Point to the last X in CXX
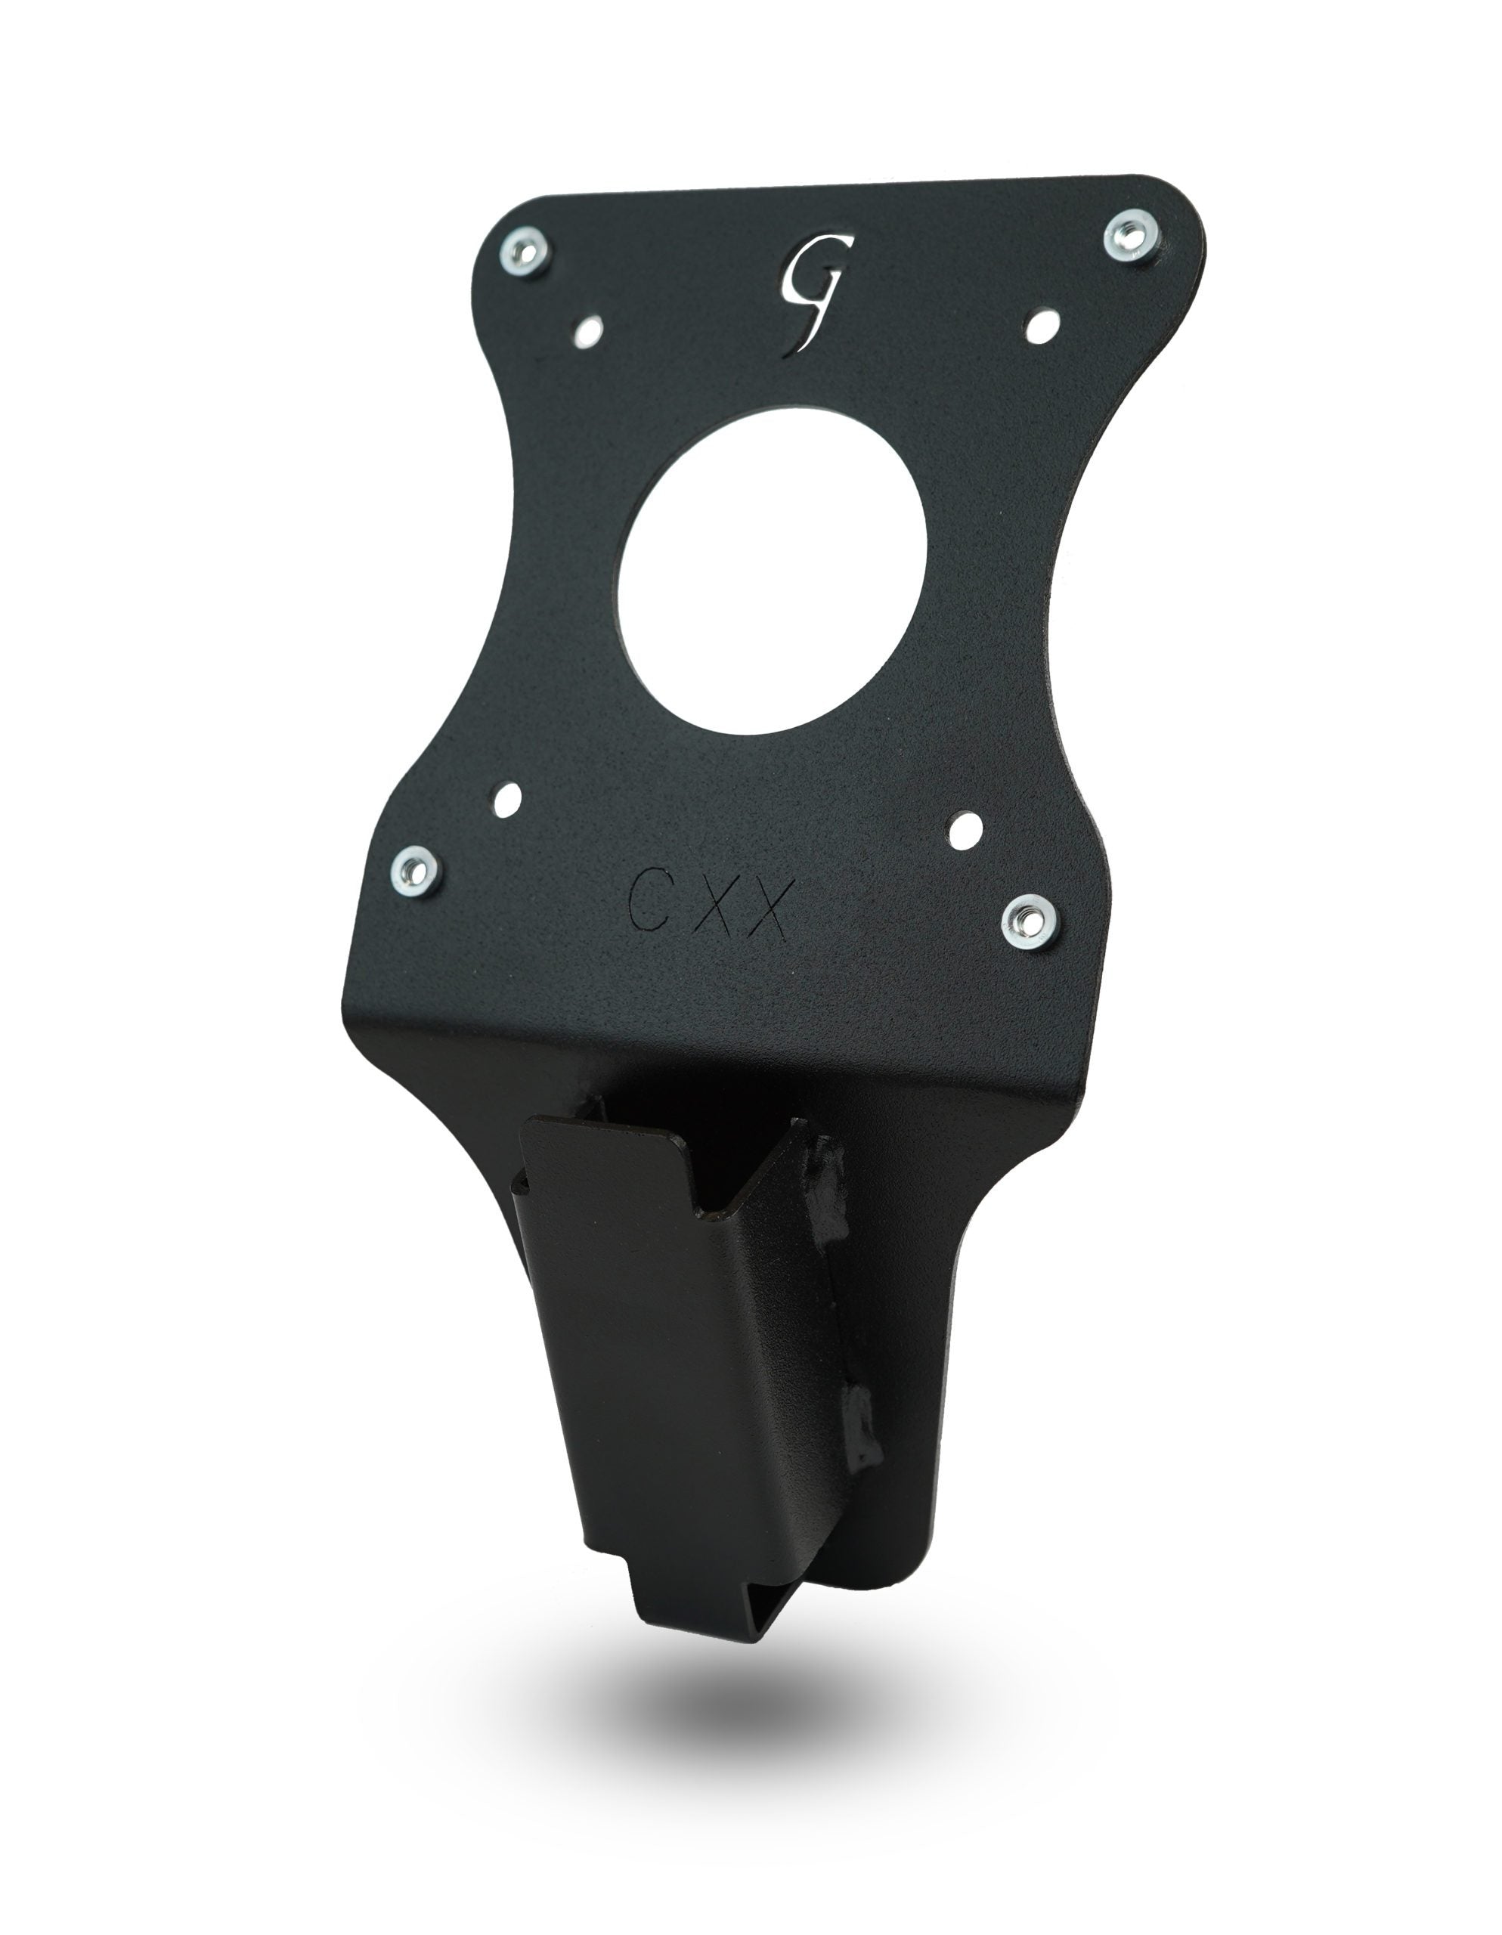tap(766, 912)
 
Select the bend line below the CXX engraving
tap(709, 1036)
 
